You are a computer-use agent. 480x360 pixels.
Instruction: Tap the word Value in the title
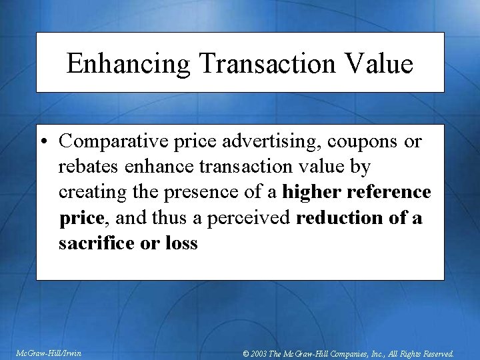coord(381,64)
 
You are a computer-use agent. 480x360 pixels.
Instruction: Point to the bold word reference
coord(391,193)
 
